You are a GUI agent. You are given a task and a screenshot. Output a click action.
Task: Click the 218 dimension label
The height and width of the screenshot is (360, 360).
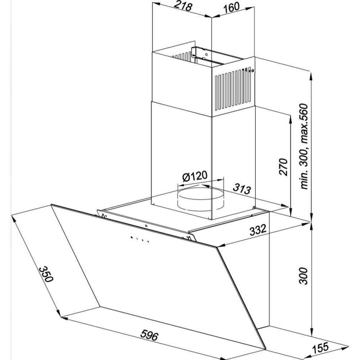[183, 6]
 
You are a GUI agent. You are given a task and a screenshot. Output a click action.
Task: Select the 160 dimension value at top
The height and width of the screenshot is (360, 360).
[231, 8]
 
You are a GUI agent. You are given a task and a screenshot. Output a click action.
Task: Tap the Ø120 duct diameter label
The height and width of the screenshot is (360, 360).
[194, 176]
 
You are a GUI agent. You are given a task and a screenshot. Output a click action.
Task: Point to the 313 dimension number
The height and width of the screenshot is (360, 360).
[242, 189]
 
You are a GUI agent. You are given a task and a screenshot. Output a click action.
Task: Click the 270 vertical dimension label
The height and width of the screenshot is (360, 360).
[283, 167]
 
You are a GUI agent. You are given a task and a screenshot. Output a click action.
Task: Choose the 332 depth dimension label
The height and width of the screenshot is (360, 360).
[258, 230]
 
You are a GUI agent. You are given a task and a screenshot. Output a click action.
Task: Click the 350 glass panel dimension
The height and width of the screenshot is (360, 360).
[46, 274]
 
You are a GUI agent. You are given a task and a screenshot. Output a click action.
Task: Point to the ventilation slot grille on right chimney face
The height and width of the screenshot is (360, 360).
[233, 90]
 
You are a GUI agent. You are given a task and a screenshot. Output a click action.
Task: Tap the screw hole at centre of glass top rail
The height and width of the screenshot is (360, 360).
[146, 226]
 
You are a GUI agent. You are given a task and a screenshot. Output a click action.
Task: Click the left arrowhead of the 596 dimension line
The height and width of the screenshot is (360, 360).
[65, 319]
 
